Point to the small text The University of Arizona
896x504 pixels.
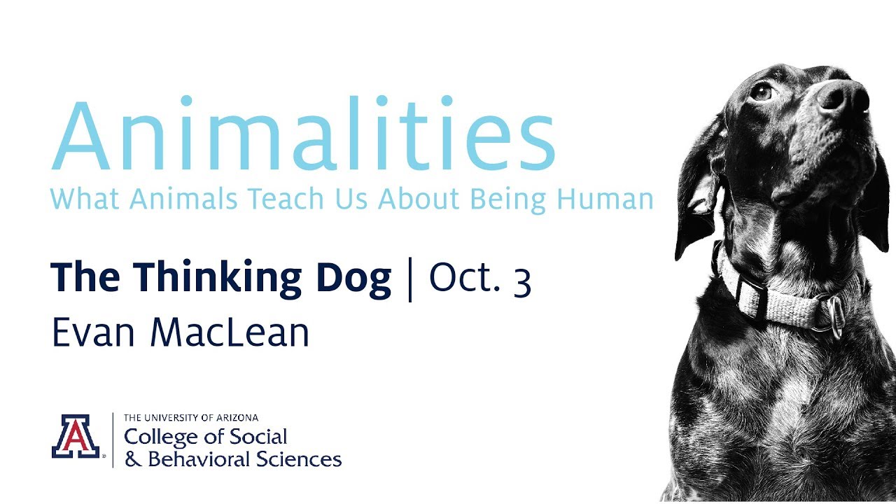tap(191, 418)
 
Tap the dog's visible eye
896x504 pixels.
tap(762, 92)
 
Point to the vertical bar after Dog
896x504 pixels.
tap(410, 279)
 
